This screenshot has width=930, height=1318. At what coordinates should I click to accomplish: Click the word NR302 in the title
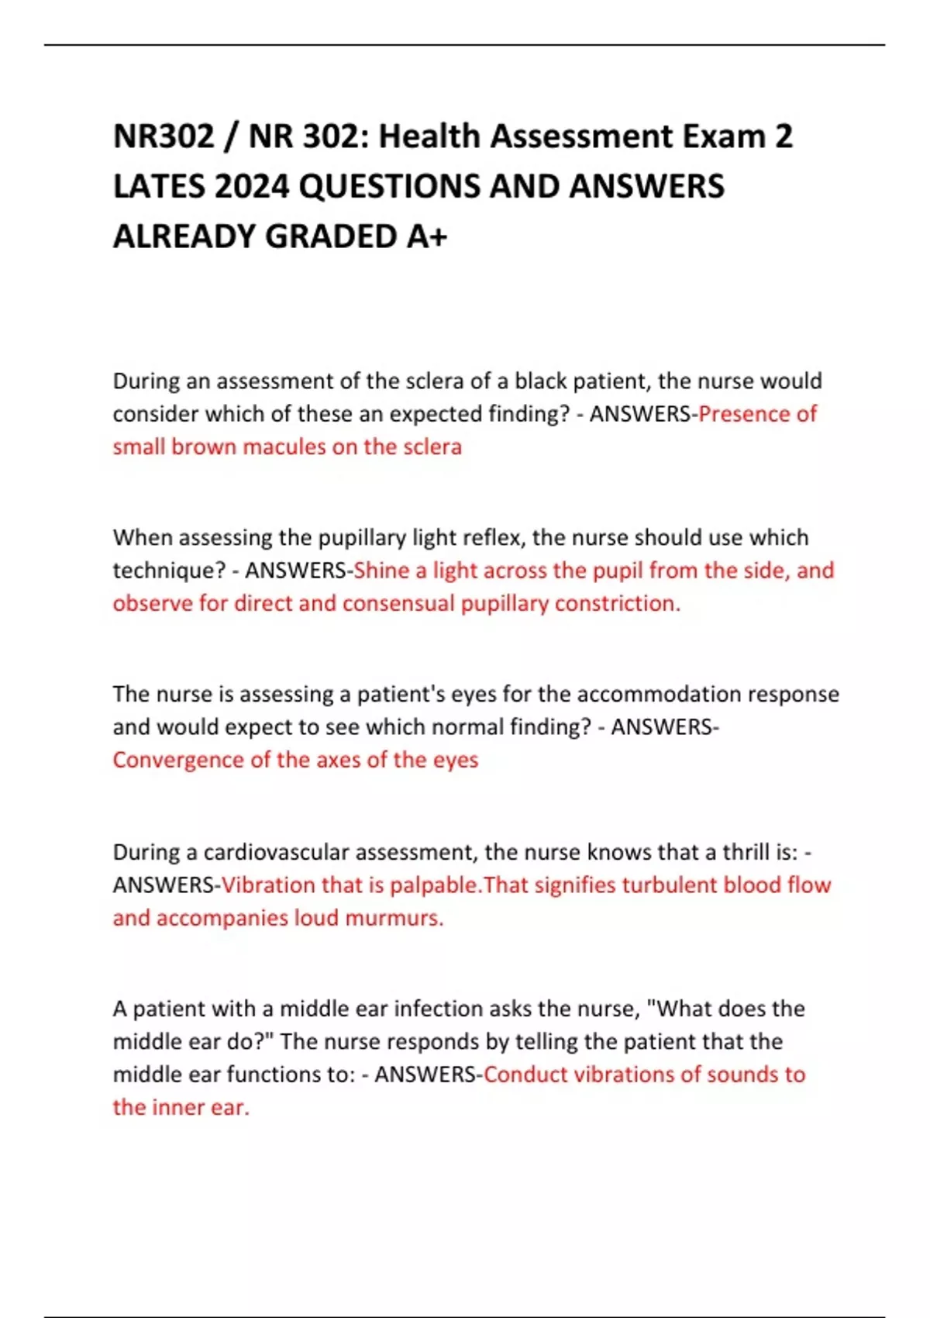pyautogui.click(x=163, y=136)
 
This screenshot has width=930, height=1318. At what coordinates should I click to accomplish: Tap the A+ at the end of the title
pyautogui.click(x=426, y=236)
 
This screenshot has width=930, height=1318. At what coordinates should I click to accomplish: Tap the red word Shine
pyautogui.click(x=381, y=571)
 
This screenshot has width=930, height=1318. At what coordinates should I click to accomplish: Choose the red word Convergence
pyautogui.click(x=177, y=760)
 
